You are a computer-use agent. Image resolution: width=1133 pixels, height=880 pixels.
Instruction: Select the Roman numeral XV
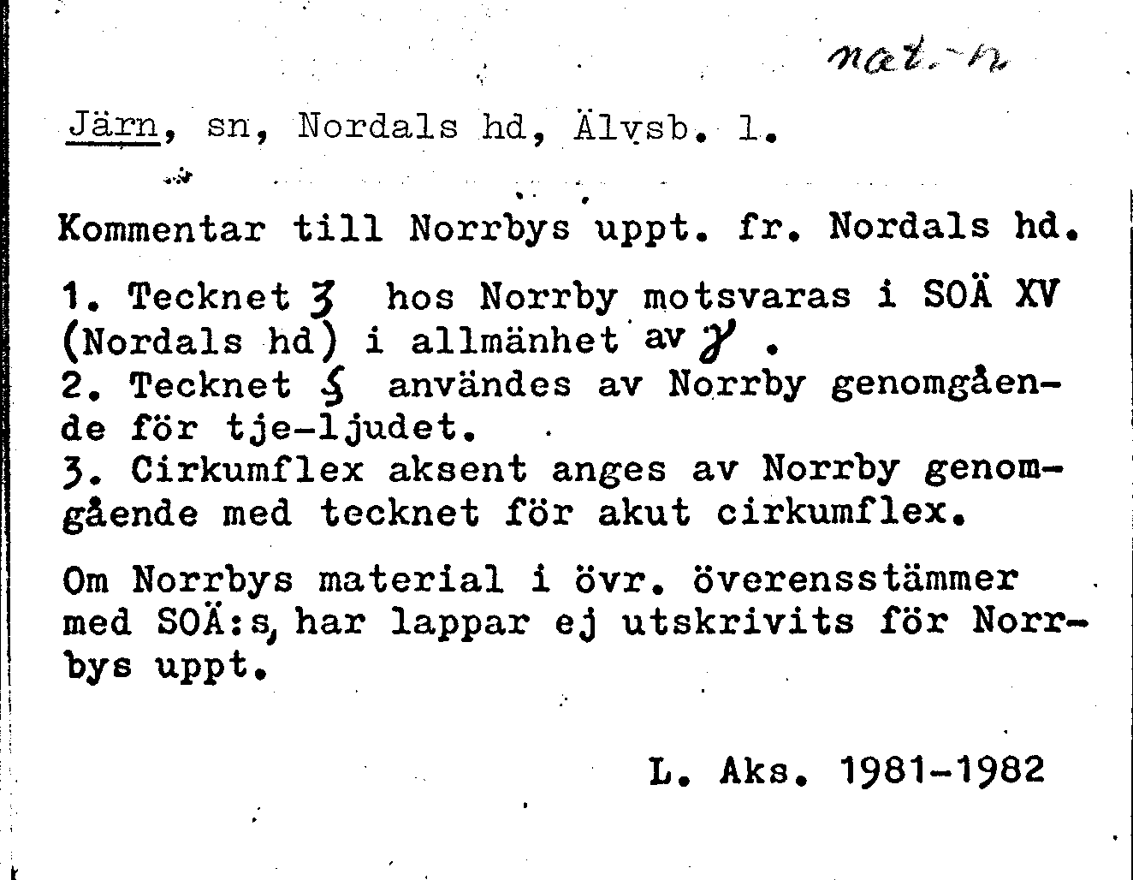1037,295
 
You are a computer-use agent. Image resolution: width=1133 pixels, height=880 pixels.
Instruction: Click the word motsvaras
747,296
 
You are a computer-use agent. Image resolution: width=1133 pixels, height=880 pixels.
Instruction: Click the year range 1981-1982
944,770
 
